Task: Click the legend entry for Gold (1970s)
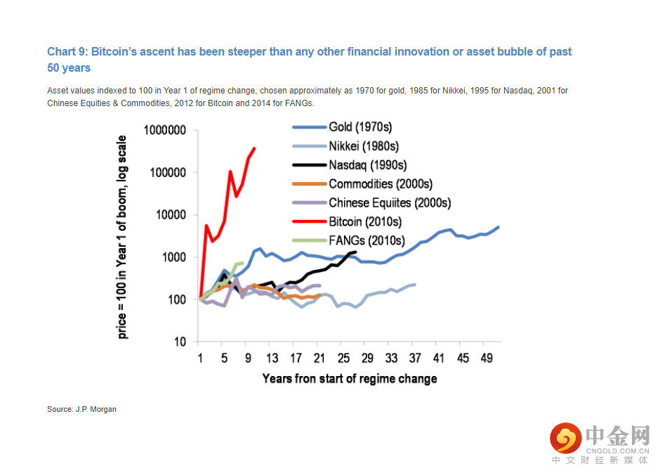click(x=342, y=127)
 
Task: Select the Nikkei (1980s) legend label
click(x=345, y=146)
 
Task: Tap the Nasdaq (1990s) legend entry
click(x=350, y=165)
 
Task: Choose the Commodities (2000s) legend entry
click(x=362, y=184)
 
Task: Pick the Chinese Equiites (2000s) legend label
click(x=371, y=203)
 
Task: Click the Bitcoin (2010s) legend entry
click(x=348, y=221)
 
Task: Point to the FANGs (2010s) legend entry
click(x=349, y=240)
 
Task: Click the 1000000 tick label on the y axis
click(x=164, y=130)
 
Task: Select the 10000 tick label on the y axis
click(x=171, y=215)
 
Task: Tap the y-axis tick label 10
click(x=180, y=342)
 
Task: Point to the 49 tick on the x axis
click(x=487, y=358)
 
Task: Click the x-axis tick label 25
click(x=343, y=358)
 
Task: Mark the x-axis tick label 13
click(x=272, y=358)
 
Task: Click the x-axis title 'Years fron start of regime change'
click(x=350, y=379)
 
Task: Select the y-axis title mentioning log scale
click(x=121, y=237)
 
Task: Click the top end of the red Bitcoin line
click(x=254, y=148)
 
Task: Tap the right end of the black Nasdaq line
click(x=356, y=252)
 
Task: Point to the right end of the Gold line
click(x=499, y=227)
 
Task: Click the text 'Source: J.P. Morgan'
click(x=81, y=409)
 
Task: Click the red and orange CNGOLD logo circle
click(x=566, y=439)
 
